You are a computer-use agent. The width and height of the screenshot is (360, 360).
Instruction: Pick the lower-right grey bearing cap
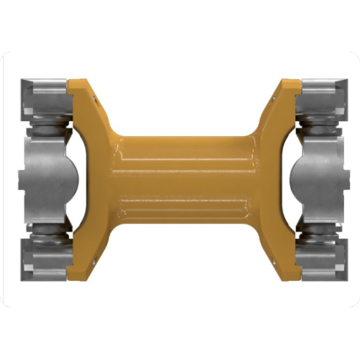tap(317, 261)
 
